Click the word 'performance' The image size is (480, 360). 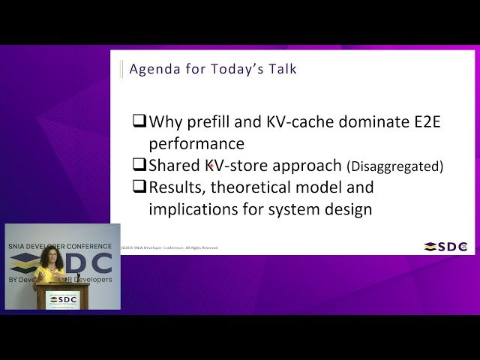pos(196,143)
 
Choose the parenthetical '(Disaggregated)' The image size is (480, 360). pos(394,166)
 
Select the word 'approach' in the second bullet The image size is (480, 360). pos(310,166)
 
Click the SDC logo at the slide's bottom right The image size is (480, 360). pos(446,246)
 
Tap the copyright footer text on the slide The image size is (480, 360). pos(169,247)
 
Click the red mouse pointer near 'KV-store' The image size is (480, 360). pos(211,164)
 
